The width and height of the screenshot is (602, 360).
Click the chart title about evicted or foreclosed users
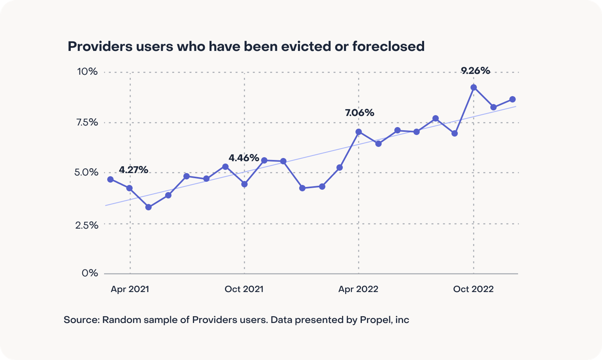tap(246, 46)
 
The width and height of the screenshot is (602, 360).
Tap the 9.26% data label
tap(475, 71)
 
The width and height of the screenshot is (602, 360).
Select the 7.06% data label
tap(359, 113)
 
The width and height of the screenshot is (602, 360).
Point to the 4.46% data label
tap(244, 158)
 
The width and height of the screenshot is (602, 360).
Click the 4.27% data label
tap(133, 170)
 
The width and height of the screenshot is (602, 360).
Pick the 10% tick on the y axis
tap(87, 72)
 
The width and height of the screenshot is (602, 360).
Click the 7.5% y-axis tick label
tap(87, 122)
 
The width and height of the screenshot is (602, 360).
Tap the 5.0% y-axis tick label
tap(86, 172)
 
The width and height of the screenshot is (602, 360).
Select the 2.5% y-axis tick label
tap(87, 225)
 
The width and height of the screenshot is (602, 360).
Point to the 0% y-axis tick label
tap(90, 273)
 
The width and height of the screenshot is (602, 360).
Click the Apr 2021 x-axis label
tap(130, 289)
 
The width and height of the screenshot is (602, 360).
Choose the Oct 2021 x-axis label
tap(244, 289)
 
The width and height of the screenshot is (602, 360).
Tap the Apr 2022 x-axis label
tap(358, 289)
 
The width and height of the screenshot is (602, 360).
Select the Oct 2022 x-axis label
tap(473, 289)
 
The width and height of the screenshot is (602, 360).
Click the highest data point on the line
tap(473, 88)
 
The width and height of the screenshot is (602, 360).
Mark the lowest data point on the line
tap(148, 207)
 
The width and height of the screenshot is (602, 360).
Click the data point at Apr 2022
tap(358, 132)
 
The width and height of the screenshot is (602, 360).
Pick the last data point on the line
tap(512, 99)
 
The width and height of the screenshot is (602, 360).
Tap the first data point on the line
tap(110, 179)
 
